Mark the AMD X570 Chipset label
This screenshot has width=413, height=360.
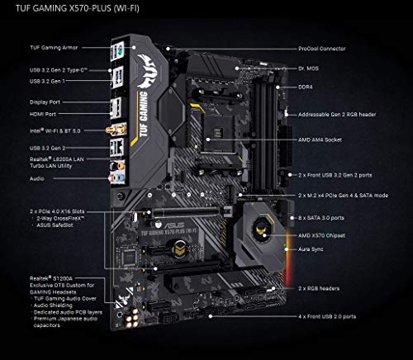pos(320,235)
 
